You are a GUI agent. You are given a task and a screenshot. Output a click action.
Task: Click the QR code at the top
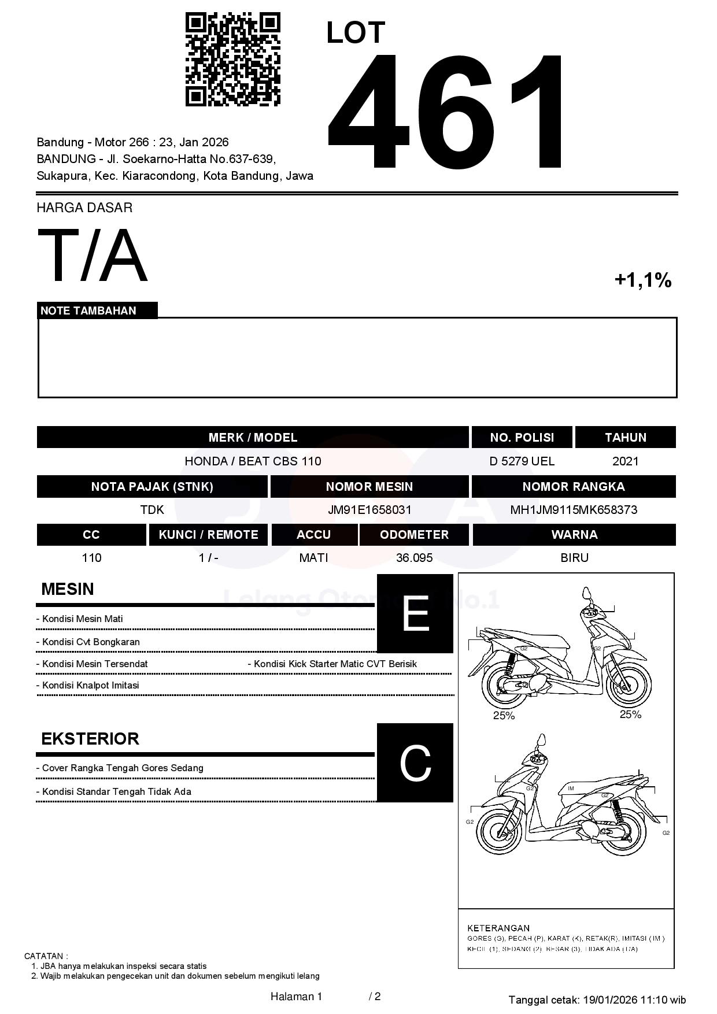pyautogui.click(x=232, y=60)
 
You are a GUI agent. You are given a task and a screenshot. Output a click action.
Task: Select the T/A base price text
pyautogui.click(x=93, y=256)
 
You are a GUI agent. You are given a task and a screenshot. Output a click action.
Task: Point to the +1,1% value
pyautogui.click(x=642, y=280)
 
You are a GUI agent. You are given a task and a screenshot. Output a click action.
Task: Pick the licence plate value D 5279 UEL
pyautogui.click(x=522, y=461)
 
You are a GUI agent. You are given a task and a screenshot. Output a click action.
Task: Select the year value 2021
pyautogui.click(x=625, y=461)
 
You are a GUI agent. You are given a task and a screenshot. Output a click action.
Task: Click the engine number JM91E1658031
pyautogui.click(x=369, y=510)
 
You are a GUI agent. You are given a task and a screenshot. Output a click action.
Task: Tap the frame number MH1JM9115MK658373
pyautogui.click(x=573, y=510)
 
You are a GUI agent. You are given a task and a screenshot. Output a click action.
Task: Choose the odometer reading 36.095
pyautogui.click(x=414, y=558)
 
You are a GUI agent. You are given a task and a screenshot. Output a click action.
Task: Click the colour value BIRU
pyautogui.click(x=574, y=558)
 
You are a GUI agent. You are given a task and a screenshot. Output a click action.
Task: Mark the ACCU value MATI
pyautogui.click(x=313, y=558)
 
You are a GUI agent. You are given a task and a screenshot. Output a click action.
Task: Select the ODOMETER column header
pyautogui.click(x=414, y=535)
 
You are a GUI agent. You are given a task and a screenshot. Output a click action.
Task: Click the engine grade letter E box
pyautogui.click(x=415, y=613)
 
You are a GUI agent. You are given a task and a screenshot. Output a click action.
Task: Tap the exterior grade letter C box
pyautogui.click(x=415, y=763)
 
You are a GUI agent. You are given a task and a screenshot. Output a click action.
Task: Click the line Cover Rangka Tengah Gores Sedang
pyautogui.click(x=120, y=768)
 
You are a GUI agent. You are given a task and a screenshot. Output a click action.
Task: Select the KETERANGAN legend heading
pyautogui.click(x=498, y=928)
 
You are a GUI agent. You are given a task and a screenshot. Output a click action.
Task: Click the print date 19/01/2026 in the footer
pyautogui.click(x=609, y=1000)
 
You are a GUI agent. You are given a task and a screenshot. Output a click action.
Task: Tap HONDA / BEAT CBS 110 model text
pyautogui.click(x=253, y=461)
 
